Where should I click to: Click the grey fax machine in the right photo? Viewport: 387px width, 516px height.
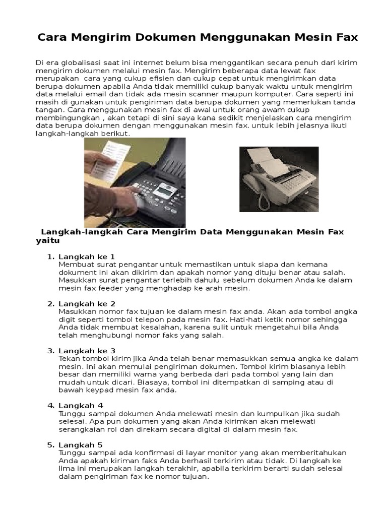[x=277, y=179]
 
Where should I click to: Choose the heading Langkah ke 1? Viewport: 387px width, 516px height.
[x=87, y=256]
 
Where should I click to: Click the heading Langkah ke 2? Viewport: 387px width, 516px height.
[x=87, y=303]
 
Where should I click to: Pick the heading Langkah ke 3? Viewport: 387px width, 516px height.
[x=87, y=350]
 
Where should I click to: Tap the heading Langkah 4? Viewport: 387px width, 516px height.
[x=81, y=405]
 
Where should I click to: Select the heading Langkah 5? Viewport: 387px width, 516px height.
[x=81, y=444]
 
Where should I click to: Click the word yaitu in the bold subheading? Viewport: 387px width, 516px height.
[x=44, y=240]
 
